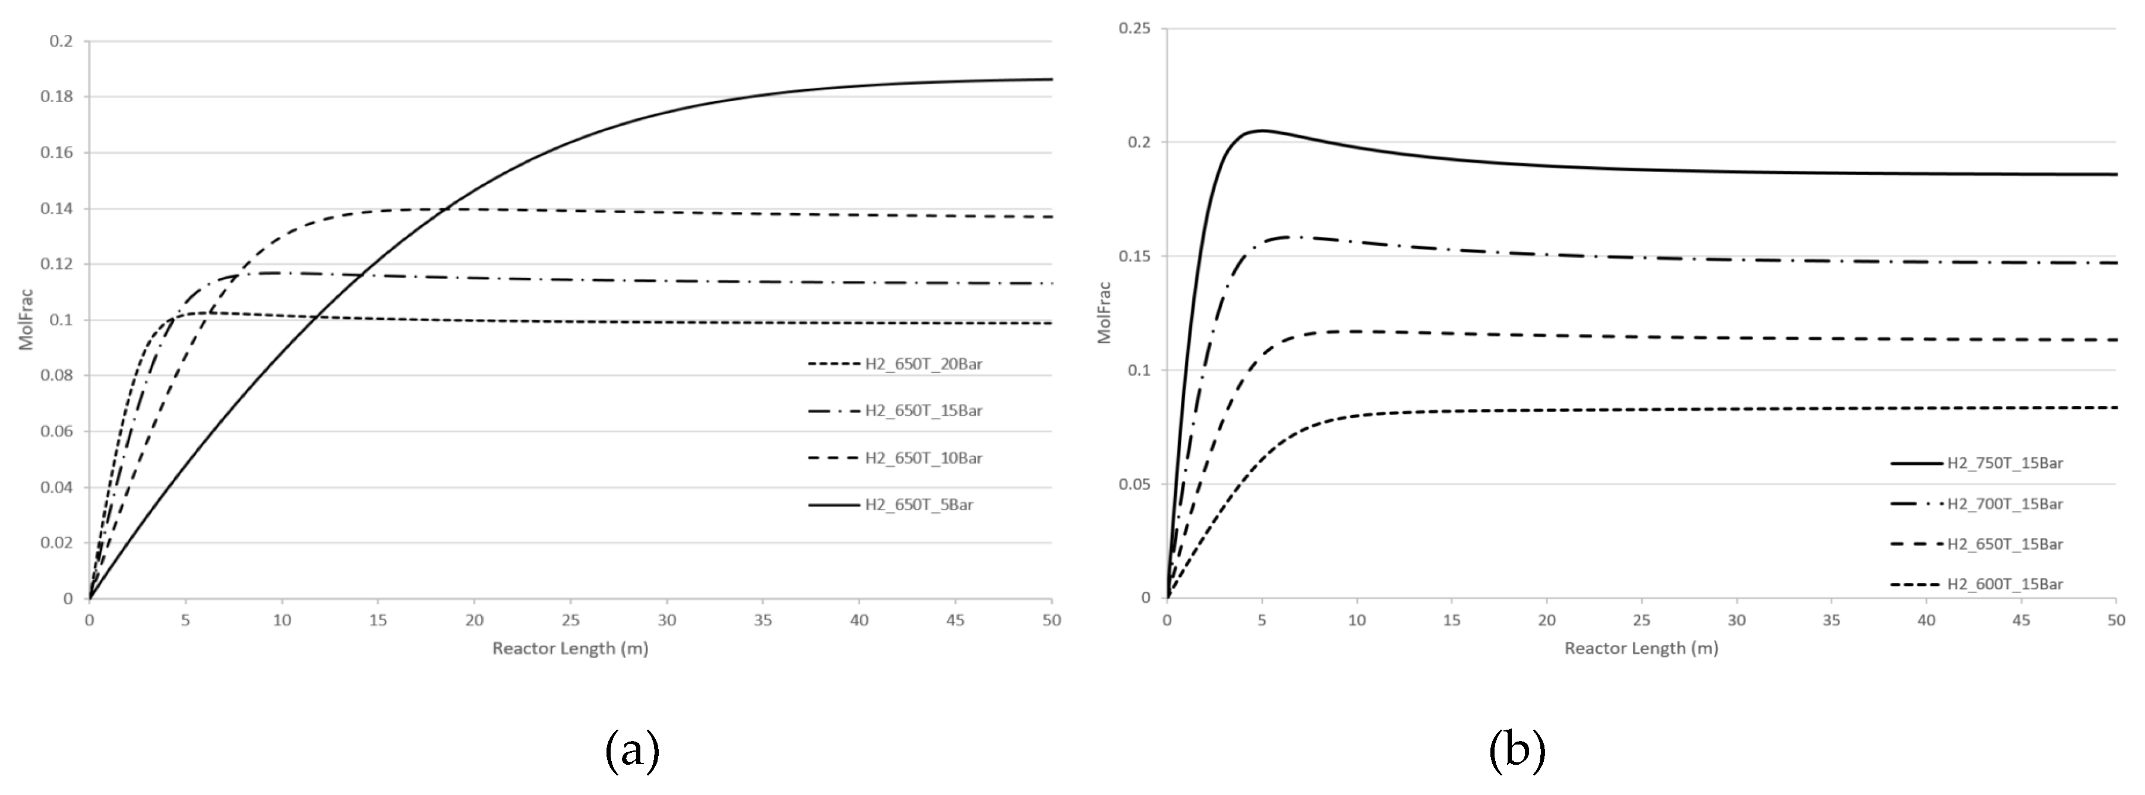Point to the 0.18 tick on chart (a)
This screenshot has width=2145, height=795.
tap(56, 97)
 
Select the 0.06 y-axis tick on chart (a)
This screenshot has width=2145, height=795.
tap(56, 431)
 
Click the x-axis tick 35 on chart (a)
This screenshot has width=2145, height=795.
tap(763, 620)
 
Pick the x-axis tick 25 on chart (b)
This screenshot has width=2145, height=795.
tap(1641, 620)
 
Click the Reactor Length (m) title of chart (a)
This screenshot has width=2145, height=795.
tap(570, 648)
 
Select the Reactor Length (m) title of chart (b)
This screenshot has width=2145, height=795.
tap(1641, 648)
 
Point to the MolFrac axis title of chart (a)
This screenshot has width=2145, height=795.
tap(27, 319)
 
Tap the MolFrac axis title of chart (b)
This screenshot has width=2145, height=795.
tap(1104, 313)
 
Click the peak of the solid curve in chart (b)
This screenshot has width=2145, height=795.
tap(1262, 130)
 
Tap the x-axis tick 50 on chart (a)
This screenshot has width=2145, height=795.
tap(1051, 620)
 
